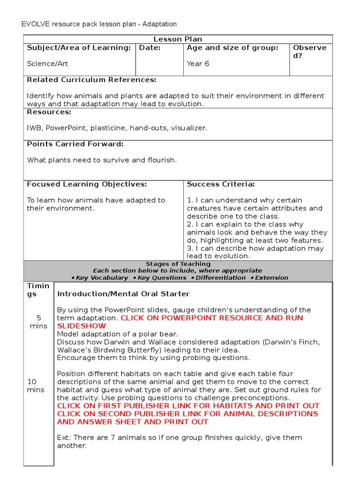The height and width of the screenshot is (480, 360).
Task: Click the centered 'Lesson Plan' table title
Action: [x=178, y=39]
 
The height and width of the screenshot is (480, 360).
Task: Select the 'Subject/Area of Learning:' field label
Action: [x=79, y=48]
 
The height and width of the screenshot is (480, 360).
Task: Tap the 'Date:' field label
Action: [x=150, y=48]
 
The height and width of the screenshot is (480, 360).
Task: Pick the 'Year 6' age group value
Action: [x=198, y=63]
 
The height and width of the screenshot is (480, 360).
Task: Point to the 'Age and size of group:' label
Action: [x=232, y=48]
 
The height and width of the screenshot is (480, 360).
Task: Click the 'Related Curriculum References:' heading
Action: [x=91, y=80]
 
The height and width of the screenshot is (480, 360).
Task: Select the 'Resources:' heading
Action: [x=49, y=112]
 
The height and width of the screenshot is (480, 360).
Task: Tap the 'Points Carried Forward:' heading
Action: [x=75, y=144]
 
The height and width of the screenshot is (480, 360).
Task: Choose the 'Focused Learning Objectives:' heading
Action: [x=87, y=184]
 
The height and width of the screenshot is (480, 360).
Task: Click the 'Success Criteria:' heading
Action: [x=221, y=184]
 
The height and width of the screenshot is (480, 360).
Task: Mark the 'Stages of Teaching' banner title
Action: [x=178, y=264]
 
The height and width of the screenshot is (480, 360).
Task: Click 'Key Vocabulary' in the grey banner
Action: [x=102, y=277]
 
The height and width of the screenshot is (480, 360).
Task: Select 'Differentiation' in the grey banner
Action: [x=220, y=277]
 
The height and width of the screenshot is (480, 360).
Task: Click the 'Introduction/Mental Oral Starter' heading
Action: [x=123, y=294]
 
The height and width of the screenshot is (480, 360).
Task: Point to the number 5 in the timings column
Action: [x=38, y=318]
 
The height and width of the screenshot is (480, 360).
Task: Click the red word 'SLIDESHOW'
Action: [x=82, y=326]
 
